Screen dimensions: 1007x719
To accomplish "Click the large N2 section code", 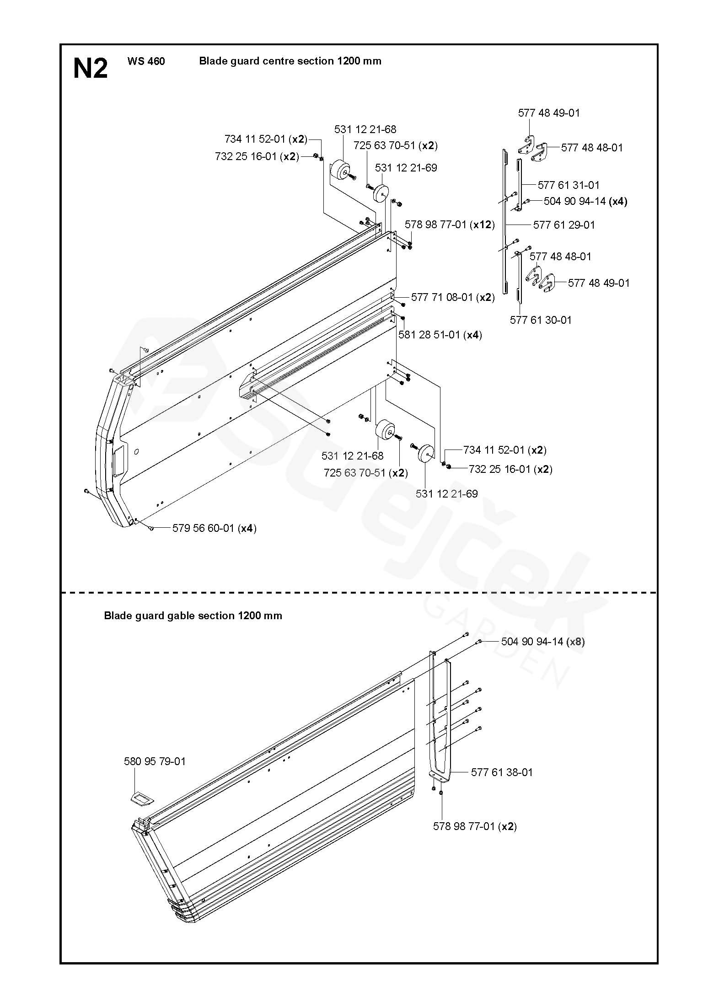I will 91,69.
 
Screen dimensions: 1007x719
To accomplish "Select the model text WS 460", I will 146,61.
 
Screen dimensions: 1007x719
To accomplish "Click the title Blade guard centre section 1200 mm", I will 290,61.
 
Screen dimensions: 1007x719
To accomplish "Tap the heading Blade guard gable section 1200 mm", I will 193,616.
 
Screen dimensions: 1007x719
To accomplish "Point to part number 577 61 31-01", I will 568,185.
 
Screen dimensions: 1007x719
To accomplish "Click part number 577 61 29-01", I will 564,225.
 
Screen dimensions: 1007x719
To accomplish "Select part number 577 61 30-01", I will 541,320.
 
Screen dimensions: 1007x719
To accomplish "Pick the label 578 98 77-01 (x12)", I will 450,225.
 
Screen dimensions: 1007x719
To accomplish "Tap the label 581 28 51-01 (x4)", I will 440,335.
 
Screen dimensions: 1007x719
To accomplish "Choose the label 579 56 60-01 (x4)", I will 214,528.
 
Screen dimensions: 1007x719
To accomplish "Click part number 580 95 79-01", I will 155,761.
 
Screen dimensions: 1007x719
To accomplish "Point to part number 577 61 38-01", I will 502,772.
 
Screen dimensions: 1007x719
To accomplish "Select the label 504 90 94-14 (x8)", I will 543,642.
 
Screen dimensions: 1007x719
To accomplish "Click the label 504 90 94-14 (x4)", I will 585,201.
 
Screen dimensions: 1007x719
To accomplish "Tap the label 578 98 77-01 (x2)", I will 475,826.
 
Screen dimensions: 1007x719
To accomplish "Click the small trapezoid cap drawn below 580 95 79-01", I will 140,798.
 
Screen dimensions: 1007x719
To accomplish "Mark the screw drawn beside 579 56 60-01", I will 151,528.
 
